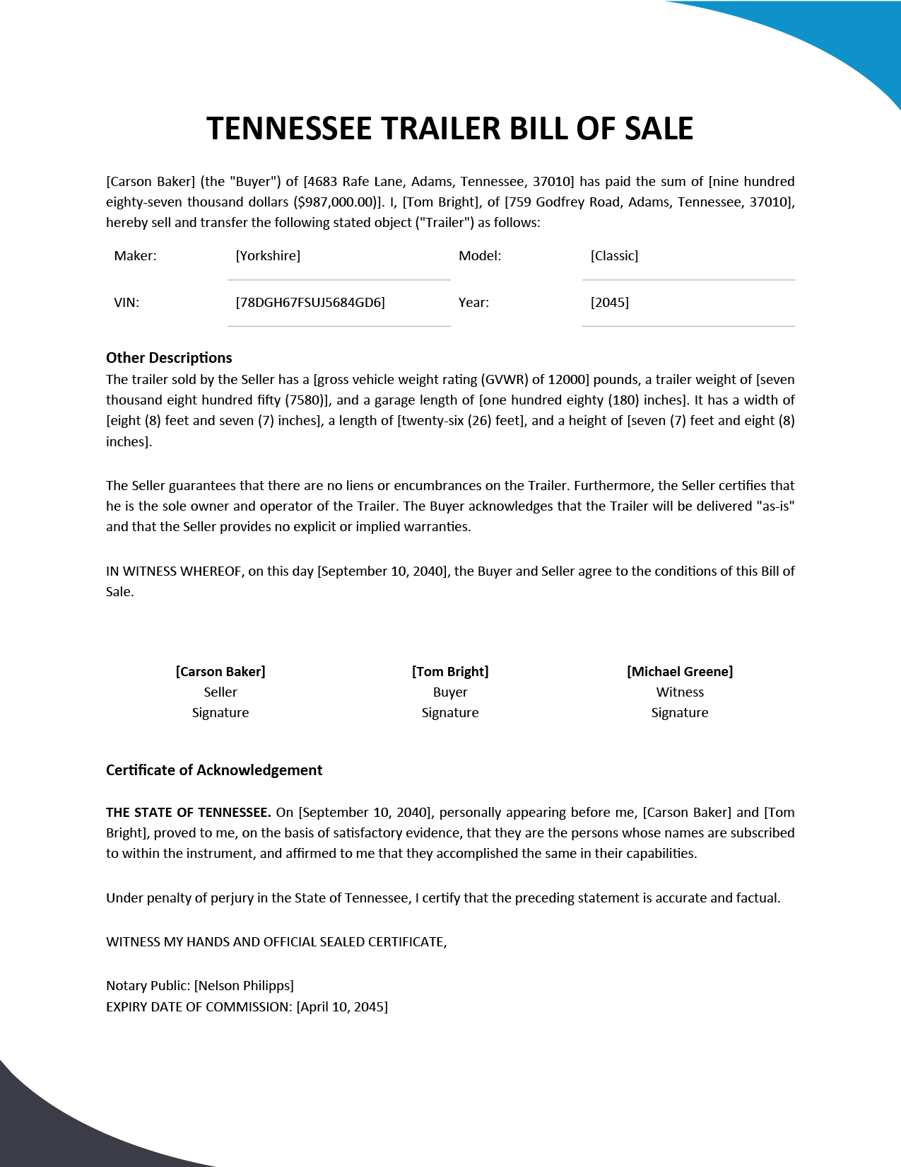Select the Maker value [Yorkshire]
click(x=268, y=255)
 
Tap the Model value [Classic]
click(x=614, y=255)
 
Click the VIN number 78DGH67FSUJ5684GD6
click(x=310, y=302)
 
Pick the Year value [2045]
click(x=609, y=302)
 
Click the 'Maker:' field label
click(x=135, y=255)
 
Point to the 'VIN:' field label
click(x=126, y=302)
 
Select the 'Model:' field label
click(x=480, y=255)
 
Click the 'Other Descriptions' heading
click(x=169, y=358)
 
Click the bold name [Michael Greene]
click(x=680, y=671)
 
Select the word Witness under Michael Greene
click(x=680, y=692)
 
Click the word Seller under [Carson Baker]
click(x=220, y=692)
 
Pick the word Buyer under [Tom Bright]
click(x=450, y=692)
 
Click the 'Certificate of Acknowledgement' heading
click(x=214, y=770)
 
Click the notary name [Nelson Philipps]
click(x=244, y=985)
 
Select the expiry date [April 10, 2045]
click(x=342, y=1006)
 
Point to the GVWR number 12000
click(x=569, y=380)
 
